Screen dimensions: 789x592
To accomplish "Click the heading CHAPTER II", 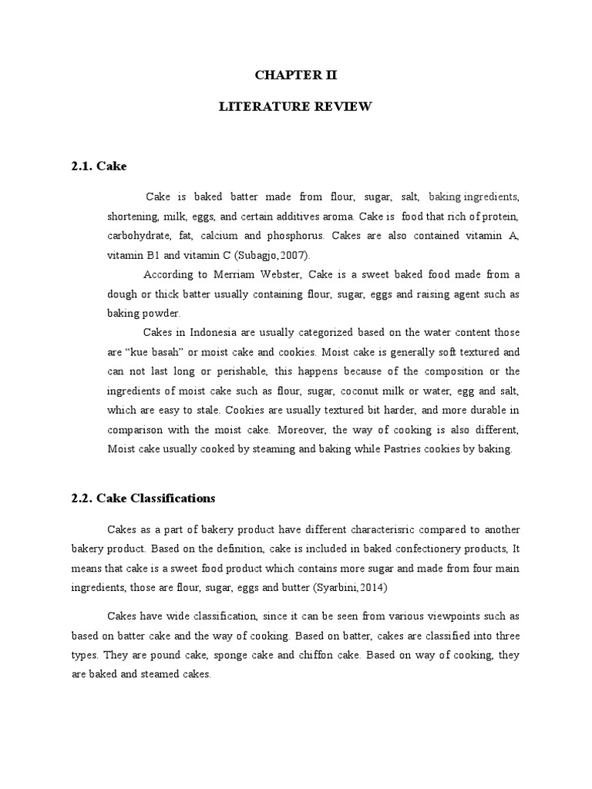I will (x=296, y=76).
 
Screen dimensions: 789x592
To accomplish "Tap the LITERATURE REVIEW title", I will (x=296, y=107).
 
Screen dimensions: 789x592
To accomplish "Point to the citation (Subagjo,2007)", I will (x=272, y=255).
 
